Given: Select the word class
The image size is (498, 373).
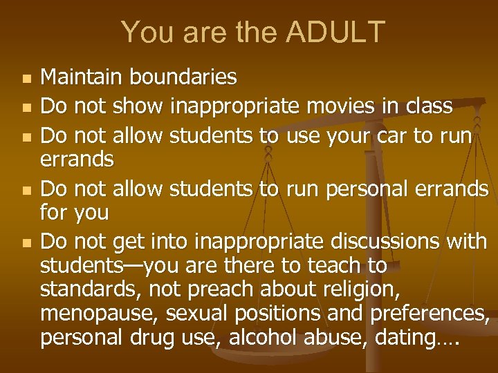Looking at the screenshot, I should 428,107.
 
